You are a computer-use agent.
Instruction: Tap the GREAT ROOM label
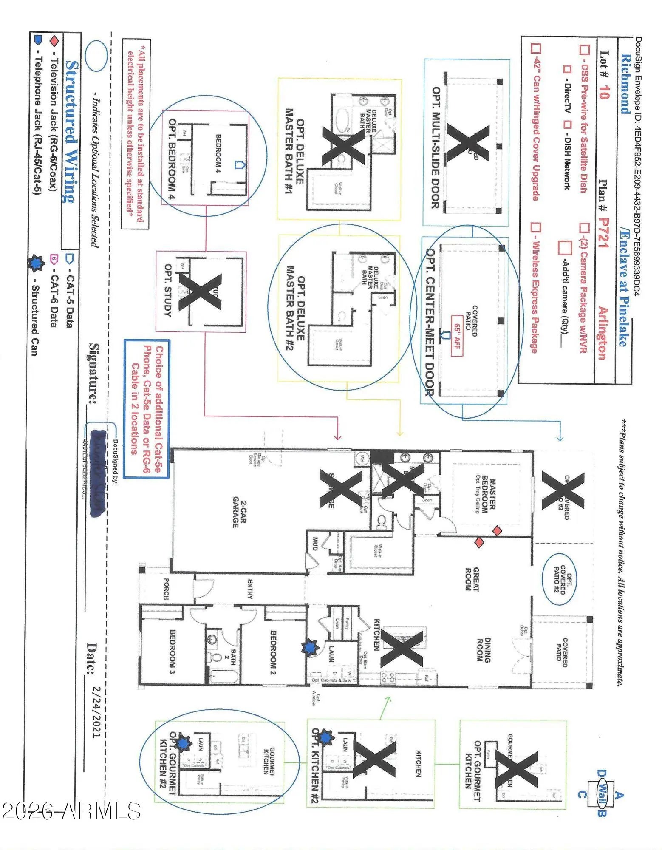coord(472,579)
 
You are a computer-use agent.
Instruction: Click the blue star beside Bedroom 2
coord(310,648)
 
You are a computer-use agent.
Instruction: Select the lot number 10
coord(604,92)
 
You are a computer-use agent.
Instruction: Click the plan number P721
coord(603,233)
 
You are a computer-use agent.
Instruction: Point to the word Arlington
coord(603,333)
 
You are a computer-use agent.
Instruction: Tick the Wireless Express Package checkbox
coord(536,228)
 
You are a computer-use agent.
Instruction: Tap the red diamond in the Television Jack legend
coord(54,41)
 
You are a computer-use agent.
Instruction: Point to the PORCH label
coord(166,589)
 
